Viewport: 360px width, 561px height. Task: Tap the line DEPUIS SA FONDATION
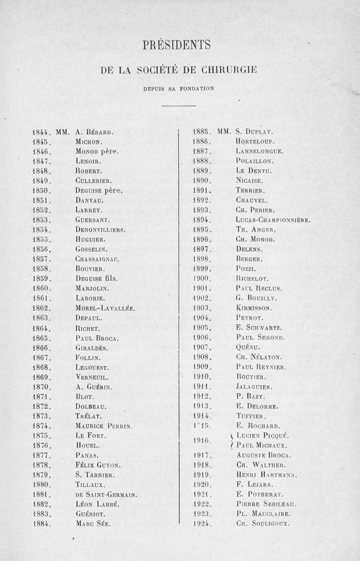pos(178,88)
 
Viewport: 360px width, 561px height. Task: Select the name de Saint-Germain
pos(106,494)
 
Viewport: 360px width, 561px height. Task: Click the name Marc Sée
pos(93,524)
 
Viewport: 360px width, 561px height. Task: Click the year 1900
pos(202,279)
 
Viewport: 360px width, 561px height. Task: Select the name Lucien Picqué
pos(265,435)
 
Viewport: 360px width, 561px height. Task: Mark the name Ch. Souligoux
pos(263,524)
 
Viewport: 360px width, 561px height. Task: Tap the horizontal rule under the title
pos(178,106)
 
